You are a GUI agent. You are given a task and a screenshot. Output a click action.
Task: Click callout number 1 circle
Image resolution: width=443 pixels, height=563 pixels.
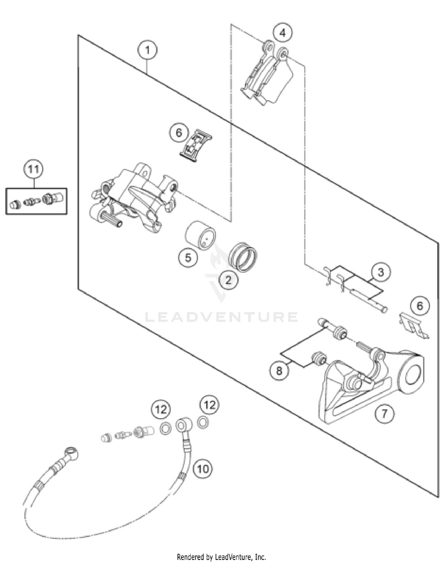click(x=148, y=50)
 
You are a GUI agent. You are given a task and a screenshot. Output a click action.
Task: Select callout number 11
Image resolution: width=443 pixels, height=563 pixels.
click(x=34, y=170)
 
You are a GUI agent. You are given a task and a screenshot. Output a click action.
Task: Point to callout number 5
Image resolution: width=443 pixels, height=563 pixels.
click(x=188, y=258)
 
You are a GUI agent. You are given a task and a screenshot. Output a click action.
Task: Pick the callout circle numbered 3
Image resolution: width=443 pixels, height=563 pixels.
click(x=381, y=272)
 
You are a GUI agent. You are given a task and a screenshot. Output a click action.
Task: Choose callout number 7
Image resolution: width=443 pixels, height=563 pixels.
click(x=385, y=414)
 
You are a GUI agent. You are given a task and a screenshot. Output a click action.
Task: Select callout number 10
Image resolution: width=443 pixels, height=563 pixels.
click(x=203, y=469)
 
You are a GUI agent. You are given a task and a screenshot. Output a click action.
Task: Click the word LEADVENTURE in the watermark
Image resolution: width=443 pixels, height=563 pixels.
click(x=221, y=317)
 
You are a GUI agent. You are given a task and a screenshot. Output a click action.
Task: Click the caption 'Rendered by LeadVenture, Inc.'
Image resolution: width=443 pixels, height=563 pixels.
click(x=221, y=557)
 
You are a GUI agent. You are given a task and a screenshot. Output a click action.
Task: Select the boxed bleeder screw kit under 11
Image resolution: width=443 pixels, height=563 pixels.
click(x=37, y=202)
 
